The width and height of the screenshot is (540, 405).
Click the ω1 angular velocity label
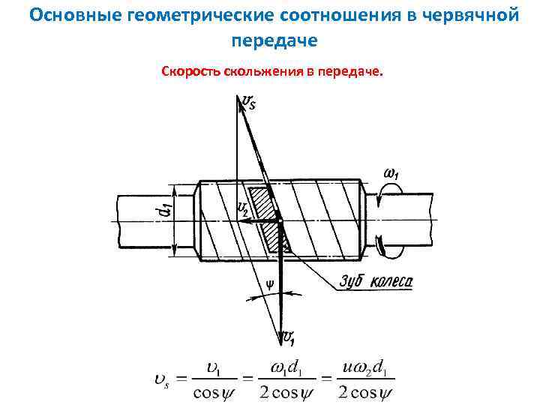tap(391, 174)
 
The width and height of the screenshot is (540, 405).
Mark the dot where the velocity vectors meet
tap(279, 220)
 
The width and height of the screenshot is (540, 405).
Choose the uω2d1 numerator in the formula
tap(366, 369)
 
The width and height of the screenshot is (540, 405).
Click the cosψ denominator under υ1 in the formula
tap(218, 392)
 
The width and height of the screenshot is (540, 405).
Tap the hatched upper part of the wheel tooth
tap(262, 200)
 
